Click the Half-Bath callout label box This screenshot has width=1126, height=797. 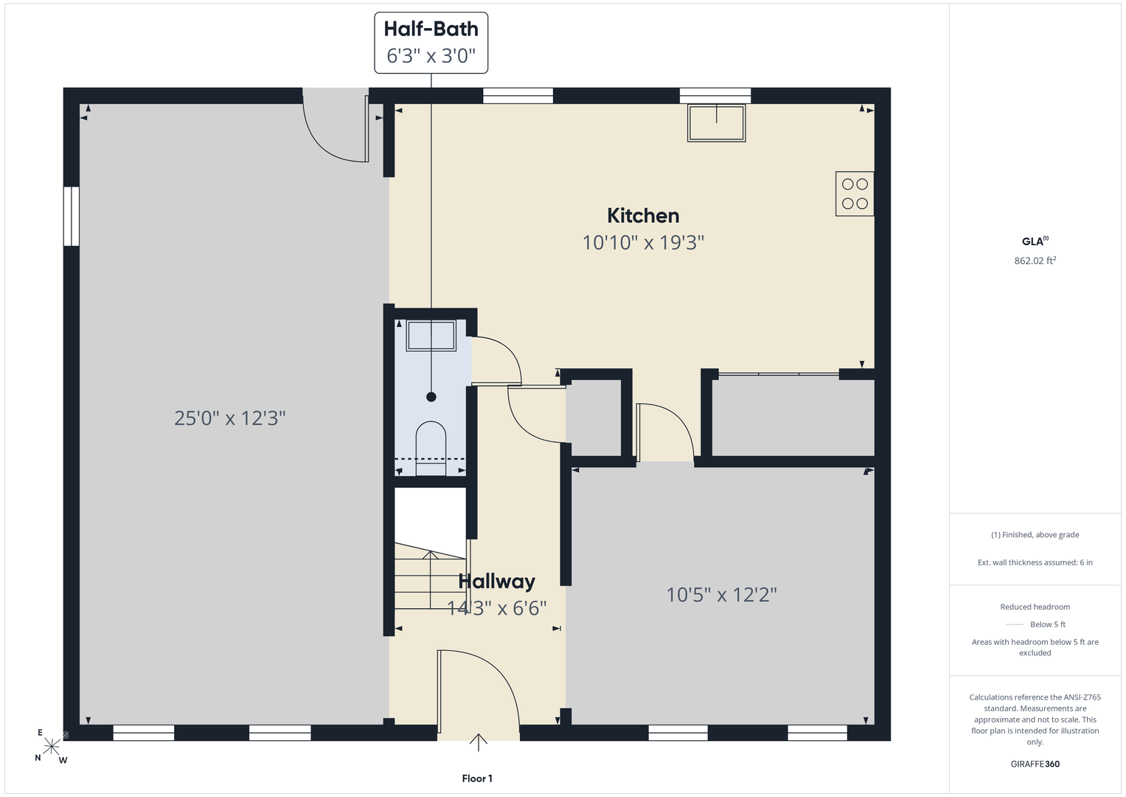[x=431, y=43]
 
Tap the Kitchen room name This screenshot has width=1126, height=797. [x=643, y=215]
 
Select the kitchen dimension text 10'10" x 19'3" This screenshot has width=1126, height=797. [x=643, y=243]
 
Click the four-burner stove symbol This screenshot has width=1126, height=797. [x=855, y=193]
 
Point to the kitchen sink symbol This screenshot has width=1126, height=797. [x=716, y=123]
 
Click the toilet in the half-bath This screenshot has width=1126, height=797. [x=431, y=449]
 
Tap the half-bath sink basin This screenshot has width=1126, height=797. [x=431, y=336]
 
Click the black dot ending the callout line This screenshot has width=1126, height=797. [x=431, y=397]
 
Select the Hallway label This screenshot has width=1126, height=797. [x=497, y=582]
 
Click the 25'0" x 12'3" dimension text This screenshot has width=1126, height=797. [x=230, y=418]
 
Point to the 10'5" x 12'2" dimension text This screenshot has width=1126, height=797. [x=721, y=595]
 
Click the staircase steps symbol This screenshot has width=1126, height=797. [x=430, y=576]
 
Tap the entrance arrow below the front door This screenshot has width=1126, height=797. [x=478, y=742]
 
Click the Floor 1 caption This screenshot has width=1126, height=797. [x=477, y=779]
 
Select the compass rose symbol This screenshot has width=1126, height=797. [x=52, y=746]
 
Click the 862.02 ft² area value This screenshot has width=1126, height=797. [x=1035, y=260]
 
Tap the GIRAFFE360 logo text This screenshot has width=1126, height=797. [x=1035, y=764]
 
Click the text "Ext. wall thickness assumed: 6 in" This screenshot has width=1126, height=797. [x=1035, y=562]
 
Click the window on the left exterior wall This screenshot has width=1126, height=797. [x=72, y=216]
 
